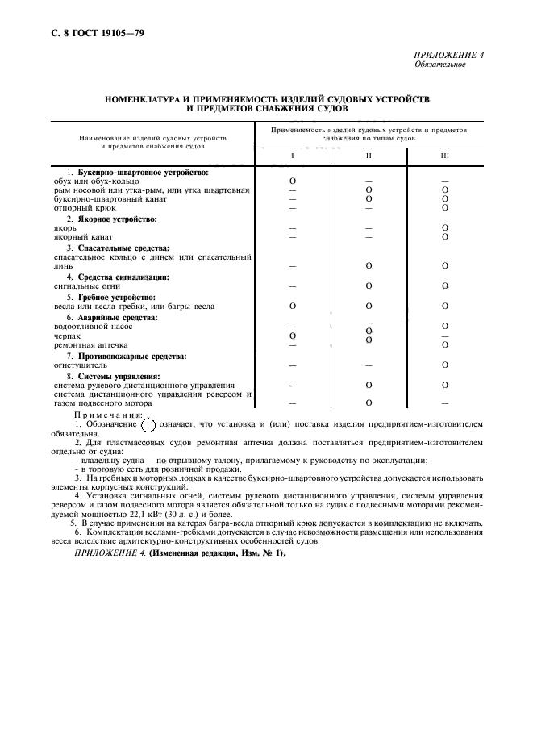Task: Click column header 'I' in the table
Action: [293, 156]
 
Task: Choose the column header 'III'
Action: [444, 156]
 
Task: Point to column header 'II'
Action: [369, 156]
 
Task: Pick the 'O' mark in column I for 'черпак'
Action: [293, 336]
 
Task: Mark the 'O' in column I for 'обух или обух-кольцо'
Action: [293, 181]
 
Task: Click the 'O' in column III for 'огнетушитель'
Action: [444, 365]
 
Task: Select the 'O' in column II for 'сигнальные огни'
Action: [369, 286]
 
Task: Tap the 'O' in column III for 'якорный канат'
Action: [444, 237]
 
